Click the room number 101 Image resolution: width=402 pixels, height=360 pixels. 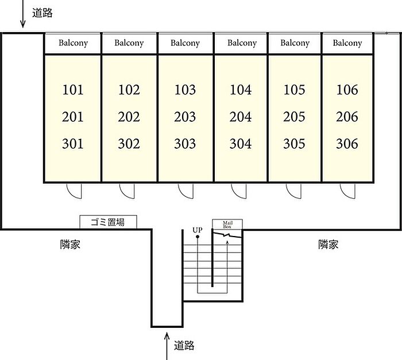tap(73, 90)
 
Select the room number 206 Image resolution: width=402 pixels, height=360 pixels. tap(347, 117)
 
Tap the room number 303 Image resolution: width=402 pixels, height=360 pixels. tap(185, 144)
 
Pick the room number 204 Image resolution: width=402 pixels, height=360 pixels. tap(241, 117)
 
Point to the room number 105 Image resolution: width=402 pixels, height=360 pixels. tap(294, 90)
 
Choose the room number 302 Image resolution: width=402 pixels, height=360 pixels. tap(129, 144)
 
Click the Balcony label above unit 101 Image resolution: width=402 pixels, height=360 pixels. tap(73, 43)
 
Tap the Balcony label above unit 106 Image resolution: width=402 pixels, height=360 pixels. tap(347, 43)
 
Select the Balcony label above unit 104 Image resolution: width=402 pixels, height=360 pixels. tap(242, 43)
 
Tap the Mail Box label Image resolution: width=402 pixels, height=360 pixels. tap(227, 224)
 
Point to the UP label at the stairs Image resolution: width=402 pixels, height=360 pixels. tap(197, 231)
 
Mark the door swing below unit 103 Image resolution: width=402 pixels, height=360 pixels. tap(185, 191)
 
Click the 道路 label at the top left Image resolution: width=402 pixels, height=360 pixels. tap(42, 13)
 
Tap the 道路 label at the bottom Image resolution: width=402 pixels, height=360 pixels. tap(184, 345)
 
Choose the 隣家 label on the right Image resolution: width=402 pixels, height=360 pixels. tap(328, 245)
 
